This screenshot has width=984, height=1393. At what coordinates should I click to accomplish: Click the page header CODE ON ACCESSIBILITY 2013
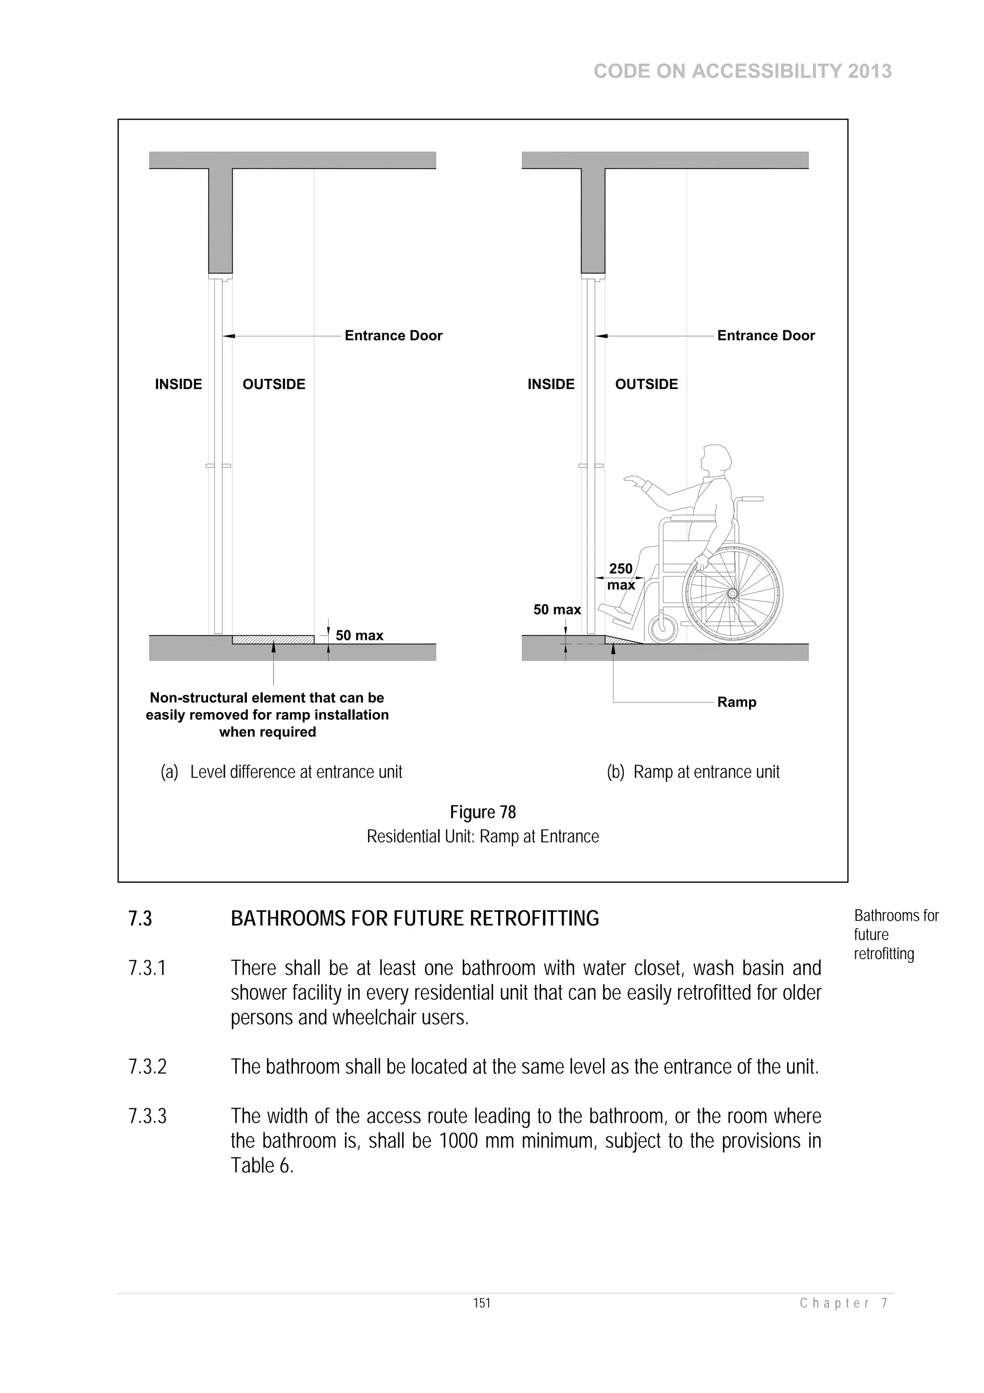pos(742,72)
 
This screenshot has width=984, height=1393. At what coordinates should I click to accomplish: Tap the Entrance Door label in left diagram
pos(394,336)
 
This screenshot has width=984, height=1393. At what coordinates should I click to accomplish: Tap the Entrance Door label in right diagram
pos(766,336)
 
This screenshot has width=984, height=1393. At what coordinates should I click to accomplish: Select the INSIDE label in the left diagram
pos(178,384)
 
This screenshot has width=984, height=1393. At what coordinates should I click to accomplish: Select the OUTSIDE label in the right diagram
pos(646,384)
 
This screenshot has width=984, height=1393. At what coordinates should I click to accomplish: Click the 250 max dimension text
pos(621,577)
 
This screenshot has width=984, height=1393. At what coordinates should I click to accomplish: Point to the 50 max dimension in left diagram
pos(359,635)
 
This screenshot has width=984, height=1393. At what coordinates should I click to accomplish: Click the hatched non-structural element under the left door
pos(273,640)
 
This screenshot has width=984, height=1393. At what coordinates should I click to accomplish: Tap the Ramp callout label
pos(736,702)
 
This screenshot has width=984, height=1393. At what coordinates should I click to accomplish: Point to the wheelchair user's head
pos(716,460)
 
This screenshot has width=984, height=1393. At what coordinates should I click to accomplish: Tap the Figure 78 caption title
pos(482,812)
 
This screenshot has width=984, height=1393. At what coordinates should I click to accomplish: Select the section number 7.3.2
pos(148,1066)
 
